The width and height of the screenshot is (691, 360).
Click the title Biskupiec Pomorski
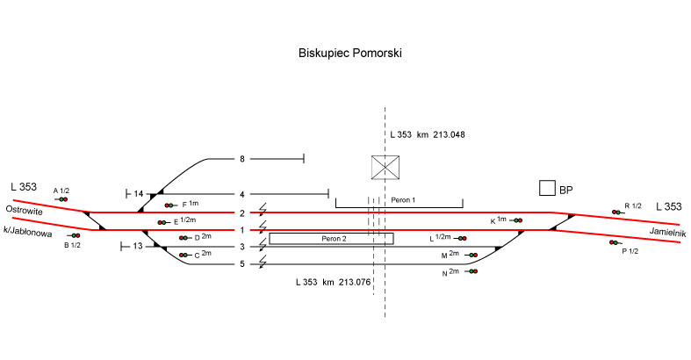350,54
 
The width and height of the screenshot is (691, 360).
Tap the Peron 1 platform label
403,200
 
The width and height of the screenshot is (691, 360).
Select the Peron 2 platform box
331,238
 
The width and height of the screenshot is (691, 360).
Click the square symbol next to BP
546,188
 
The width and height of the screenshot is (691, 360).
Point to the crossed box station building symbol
385,167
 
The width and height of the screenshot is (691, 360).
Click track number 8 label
241,159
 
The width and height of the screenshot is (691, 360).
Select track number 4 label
241,194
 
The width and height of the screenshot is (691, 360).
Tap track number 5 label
241,263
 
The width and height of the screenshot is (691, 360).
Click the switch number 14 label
138,194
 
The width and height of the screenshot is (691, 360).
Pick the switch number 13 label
138,246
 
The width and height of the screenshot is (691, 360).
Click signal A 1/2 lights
62,199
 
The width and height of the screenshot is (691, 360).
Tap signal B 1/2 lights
76,235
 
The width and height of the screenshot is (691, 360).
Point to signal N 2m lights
473,272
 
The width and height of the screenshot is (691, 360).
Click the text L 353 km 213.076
335,283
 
